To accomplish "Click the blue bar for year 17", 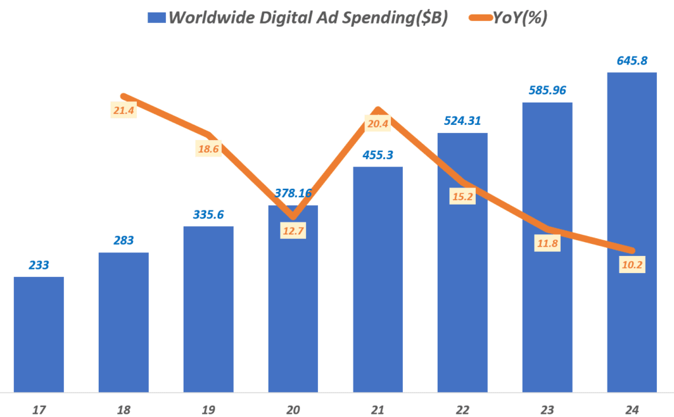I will tap(39, 334).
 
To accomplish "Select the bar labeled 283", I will tap(124, 322).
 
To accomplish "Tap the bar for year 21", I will tap(378, 280).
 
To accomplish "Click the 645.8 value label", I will tap(631, 61).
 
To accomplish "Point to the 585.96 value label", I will tap(546, 89).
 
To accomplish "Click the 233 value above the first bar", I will tap(39, 264).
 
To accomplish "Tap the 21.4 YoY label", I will tap(124, 110).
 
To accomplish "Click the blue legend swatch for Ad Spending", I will tap(156, 18).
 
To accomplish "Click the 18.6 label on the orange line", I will tap(209, 149).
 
